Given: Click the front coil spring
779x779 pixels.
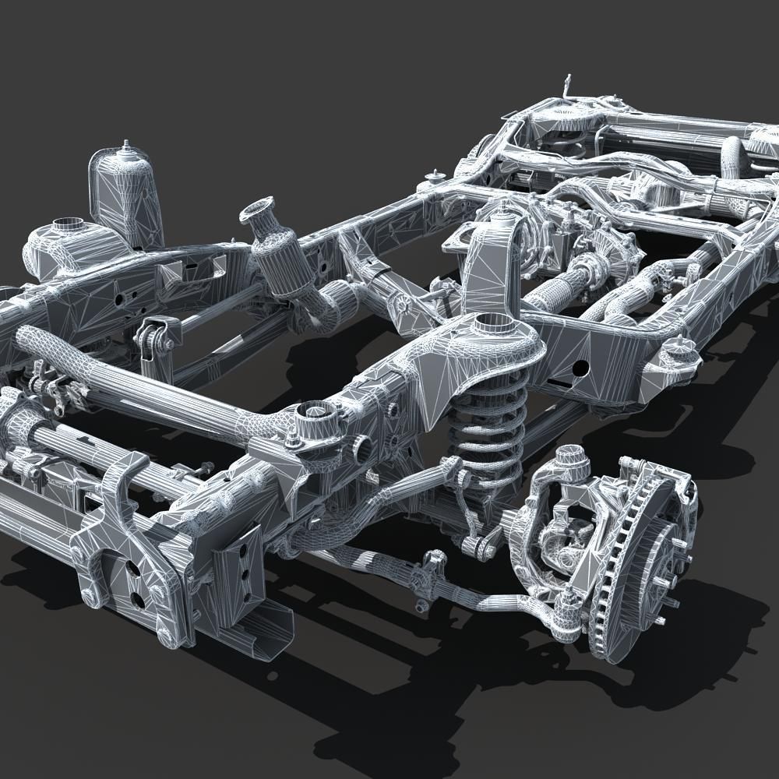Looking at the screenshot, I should click(x=488, y=432).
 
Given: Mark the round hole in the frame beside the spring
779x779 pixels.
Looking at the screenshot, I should click(x=580, y=366).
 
